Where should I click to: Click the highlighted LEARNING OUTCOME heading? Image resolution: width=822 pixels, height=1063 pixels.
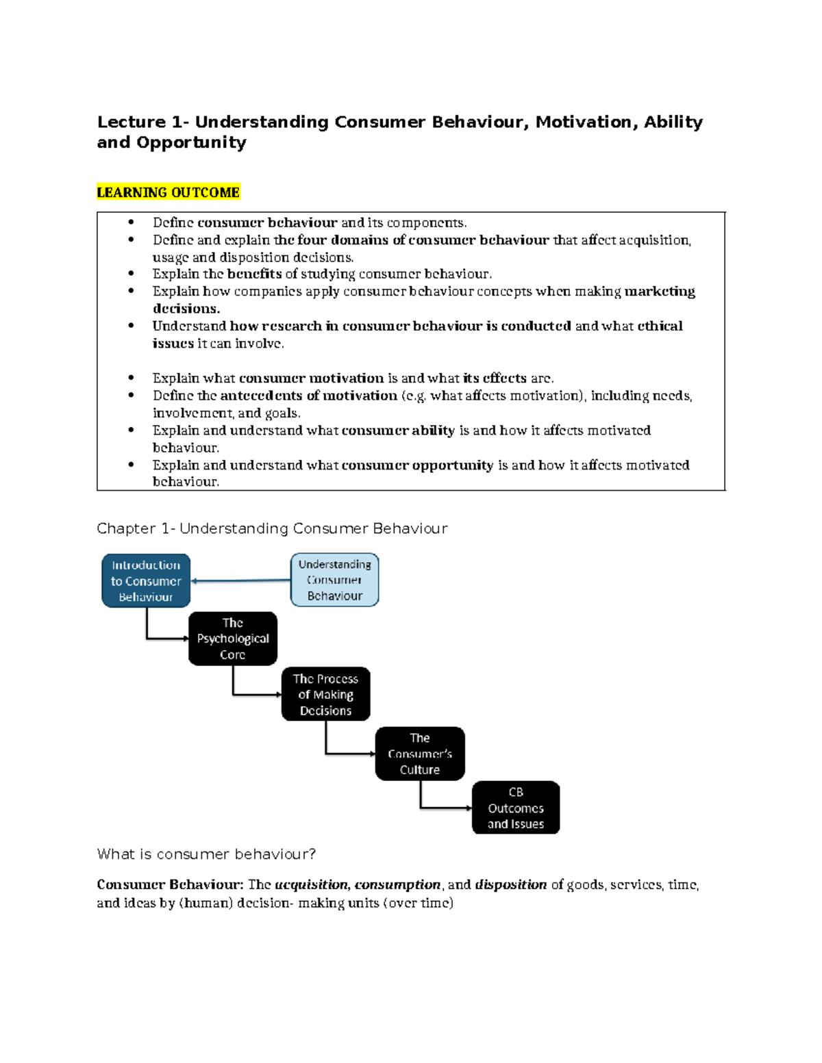pos(168,192)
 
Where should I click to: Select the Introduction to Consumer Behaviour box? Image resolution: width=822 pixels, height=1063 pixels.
pos(146,580)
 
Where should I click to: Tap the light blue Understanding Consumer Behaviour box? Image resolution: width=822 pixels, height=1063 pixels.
pos(334,580)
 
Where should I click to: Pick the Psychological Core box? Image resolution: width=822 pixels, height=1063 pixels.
pos(233,639)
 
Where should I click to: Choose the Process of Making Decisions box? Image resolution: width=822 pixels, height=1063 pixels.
pos(325,694)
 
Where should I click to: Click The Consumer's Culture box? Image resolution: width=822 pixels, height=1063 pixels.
pos(420,754)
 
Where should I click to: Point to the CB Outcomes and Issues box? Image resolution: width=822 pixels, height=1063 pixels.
pos(516,808)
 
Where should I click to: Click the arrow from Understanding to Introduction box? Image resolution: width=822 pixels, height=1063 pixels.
pos(240,580)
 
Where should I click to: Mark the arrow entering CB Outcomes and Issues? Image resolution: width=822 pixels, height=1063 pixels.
pos(445,808)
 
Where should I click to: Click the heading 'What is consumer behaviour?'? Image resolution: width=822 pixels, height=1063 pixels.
pos(206,854)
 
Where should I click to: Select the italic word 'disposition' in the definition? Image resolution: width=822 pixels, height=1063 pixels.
pos(510,885)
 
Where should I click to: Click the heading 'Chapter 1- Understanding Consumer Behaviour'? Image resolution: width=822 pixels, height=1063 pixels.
pos(272,528)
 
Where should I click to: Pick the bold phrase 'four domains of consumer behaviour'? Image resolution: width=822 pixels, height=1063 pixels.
pos(423,240)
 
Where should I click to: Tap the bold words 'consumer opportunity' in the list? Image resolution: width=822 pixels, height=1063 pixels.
pos(417,465)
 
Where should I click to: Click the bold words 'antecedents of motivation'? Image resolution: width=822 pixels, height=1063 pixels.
pos(308,396)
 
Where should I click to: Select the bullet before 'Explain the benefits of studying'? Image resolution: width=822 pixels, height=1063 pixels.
pos(131,274)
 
